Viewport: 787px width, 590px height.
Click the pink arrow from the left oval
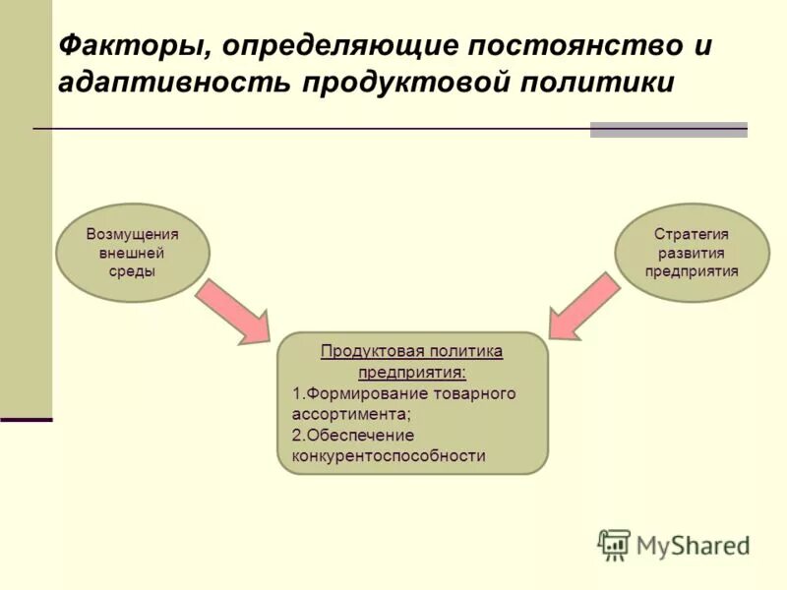pos(233,311)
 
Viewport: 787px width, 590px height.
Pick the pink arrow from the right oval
pos(584,307)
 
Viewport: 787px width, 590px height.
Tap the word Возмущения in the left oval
pos(133,234)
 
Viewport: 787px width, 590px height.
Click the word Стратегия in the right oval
pos(692,234)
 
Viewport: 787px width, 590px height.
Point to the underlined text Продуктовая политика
pos(412,352)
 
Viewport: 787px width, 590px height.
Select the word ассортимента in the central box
pos(352,414)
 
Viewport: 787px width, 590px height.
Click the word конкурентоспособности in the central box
pos(389,456)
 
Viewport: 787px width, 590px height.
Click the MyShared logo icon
pos(614,544)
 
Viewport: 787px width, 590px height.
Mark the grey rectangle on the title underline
pos(668,130)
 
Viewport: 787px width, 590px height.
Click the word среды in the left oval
pos(132,270)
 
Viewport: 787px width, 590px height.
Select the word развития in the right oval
pos(692,253)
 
